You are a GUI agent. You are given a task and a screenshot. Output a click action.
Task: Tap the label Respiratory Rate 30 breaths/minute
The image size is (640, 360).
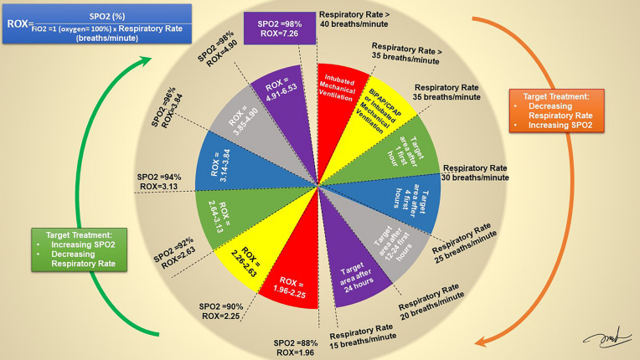(475, 172)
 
